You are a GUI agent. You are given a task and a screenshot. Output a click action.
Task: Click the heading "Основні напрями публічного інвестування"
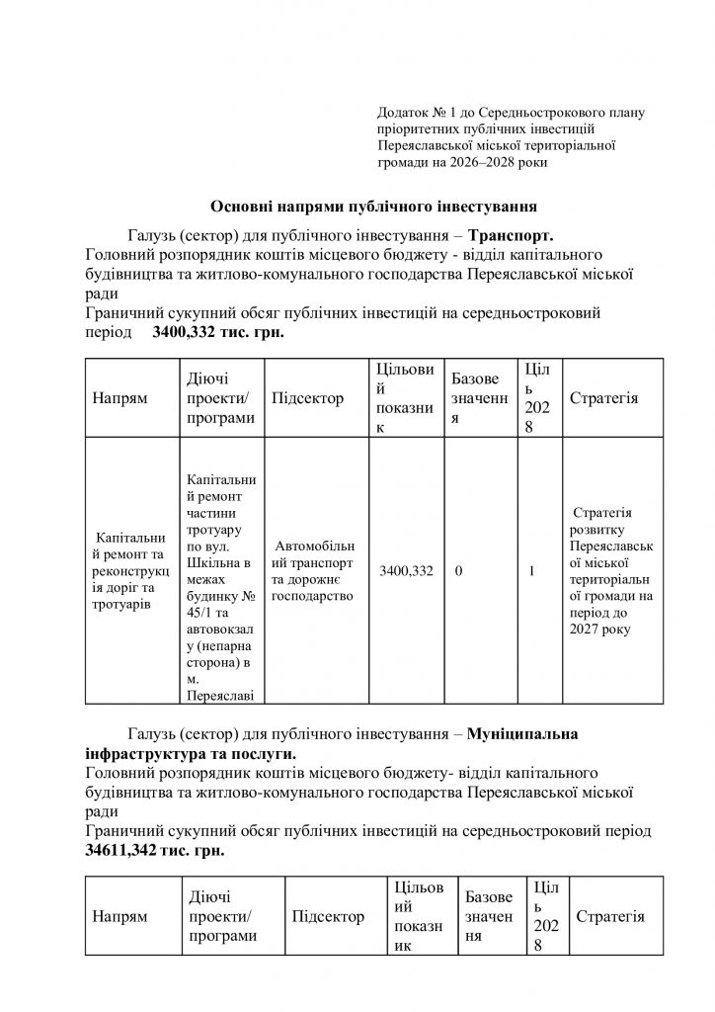coord(374,207)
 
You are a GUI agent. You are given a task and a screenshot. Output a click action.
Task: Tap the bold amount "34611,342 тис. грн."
coord(155,849)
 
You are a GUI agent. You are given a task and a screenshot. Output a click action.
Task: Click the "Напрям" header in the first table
coord(119,398)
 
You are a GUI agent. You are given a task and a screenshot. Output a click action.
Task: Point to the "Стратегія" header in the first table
coord(604,398)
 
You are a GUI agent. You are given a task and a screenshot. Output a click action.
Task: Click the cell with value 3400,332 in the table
coord(406,571)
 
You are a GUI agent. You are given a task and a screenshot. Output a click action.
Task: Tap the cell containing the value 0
coord(459,571)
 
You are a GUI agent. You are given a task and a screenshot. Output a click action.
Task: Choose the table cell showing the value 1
coord(533,571)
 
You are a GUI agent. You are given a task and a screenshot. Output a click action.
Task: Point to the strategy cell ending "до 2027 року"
coord(604,571)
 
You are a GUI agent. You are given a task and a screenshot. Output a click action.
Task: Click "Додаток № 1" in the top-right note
coord(416,114)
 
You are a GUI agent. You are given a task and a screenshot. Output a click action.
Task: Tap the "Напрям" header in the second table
coord(119,916)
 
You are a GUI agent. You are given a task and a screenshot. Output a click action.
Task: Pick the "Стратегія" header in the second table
coord(609,916)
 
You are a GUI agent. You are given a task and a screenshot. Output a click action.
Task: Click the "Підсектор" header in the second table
coord(328,916)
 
